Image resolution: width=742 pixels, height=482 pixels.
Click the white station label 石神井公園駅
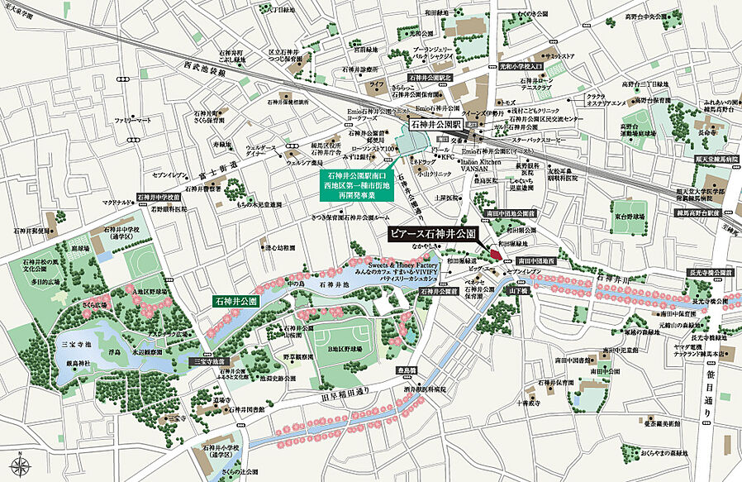pos(436,125)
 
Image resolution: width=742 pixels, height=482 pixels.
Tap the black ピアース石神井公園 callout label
pos(432,235)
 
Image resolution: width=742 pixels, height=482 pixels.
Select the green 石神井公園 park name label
pos(237,302)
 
